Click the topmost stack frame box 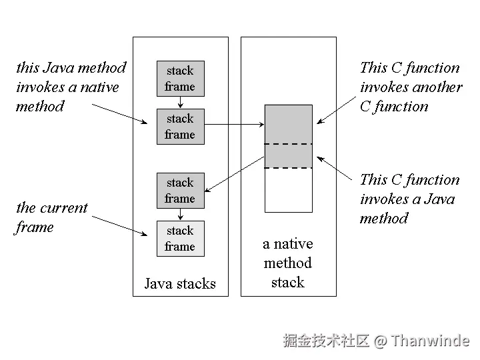(180, 79)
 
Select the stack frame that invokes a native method (180, 127)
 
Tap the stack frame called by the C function (180, 191)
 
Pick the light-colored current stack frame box (180, 239)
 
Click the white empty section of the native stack (288, 190)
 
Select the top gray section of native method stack (288, 124)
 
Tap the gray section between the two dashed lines (288, 156)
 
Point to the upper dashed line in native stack (288, 144)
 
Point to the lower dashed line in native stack (288, 168)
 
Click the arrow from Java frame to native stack (233, 124)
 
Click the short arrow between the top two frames (180, 103)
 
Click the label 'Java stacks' (180, 284)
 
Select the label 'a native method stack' (288, 263)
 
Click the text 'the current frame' (51, 217)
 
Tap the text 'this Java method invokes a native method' (71, 87)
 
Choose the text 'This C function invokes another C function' (410, 87)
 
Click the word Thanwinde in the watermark (430, 341)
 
